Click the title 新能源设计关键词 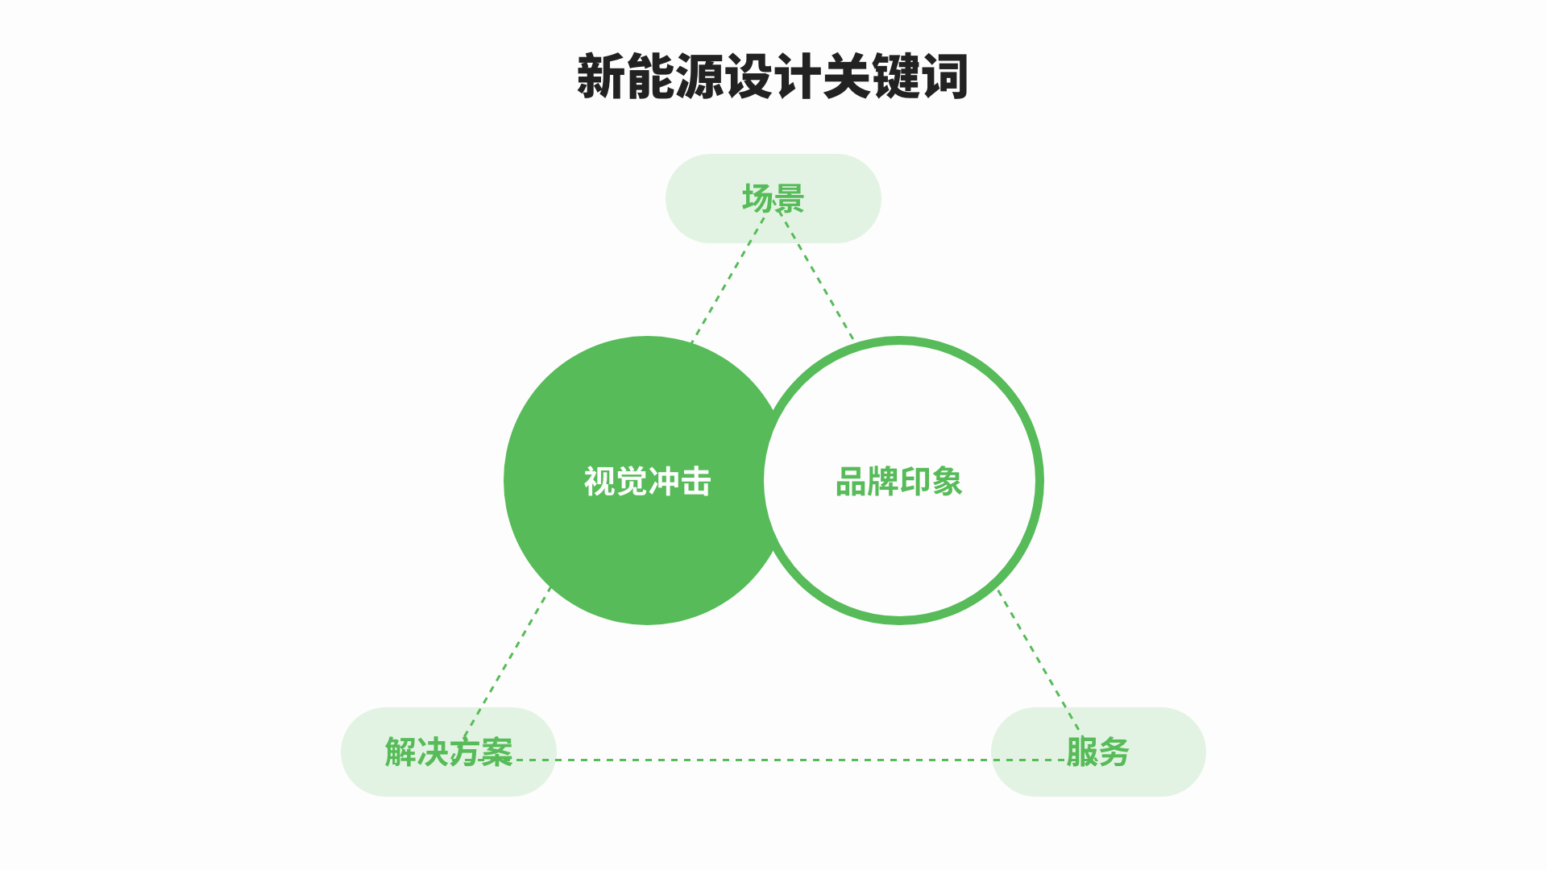[772, 77]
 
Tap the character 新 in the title [600, 77]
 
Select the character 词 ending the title [945, 77]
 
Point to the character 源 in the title [699, 77]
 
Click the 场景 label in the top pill [773, 198]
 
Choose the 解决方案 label [448, 752]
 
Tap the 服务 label [1097, 752]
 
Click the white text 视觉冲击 [647, 482]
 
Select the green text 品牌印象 [898, 482]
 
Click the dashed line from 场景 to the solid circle [728, 279]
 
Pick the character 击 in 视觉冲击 [695, 482]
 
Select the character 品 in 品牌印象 [851, 482]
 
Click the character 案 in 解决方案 [496, 752]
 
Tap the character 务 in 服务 [1114, 752]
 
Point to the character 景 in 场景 [789, 198]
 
